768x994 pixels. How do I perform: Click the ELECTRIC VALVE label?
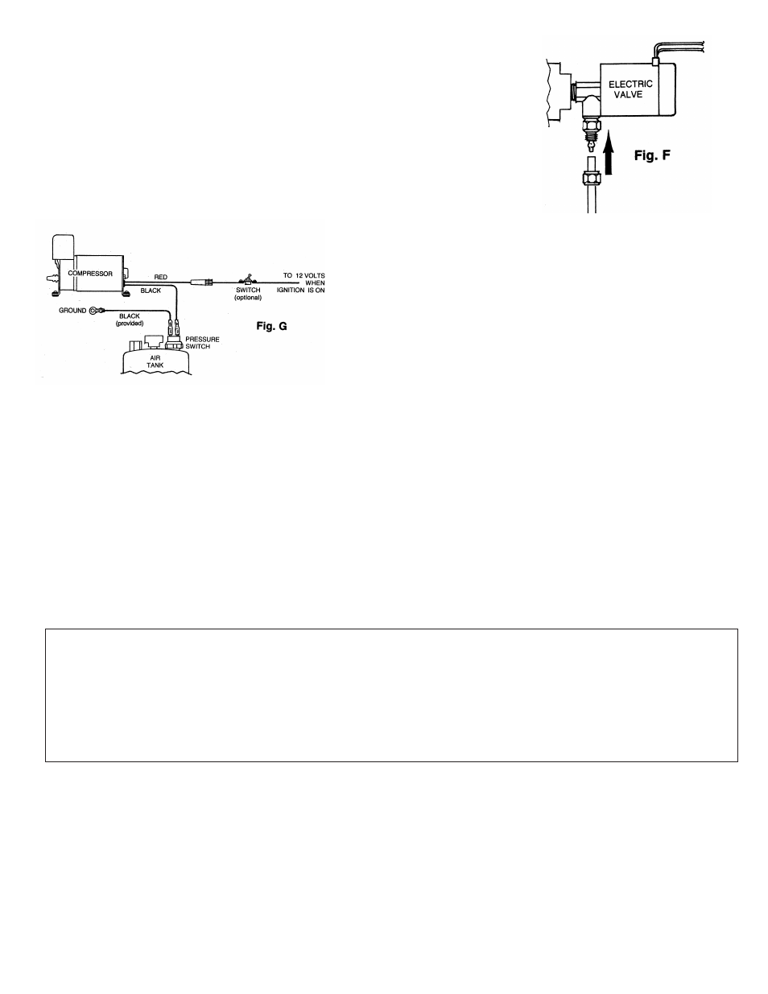click(x=630, y=89)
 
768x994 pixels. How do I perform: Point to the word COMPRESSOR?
click(x=90, y=274)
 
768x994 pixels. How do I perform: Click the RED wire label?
click(x=161, y=277)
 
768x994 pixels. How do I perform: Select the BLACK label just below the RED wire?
click(x=151, y=291)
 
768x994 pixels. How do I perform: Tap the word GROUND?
click(x=72, y=310)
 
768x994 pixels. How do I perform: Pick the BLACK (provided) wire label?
click(x=130, y=320)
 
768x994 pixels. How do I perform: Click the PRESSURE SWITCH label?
click(x=203, y=343)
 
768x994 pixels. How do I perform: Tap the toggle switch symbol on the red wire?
click(x=247, y=278)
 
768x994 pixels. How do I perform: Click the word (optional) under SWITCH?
click(x=248, y=298)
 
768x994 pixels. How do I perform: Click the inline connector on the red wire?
click(x=202, y=283)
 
